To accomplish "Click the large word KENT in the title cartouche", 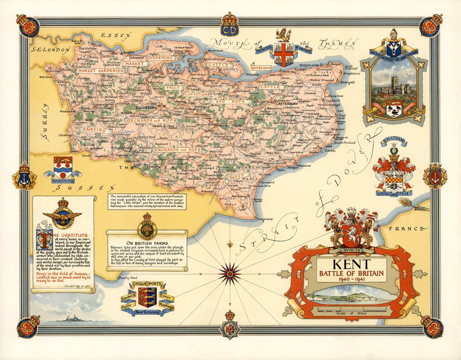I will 351,263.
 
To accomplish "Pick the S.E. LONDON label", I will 50,49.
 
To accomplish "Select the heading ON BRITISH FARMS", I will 146,243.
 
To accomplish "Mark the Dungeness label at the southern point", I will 265,219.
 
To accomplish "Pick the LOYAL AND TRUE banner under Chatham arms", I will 394,193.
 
